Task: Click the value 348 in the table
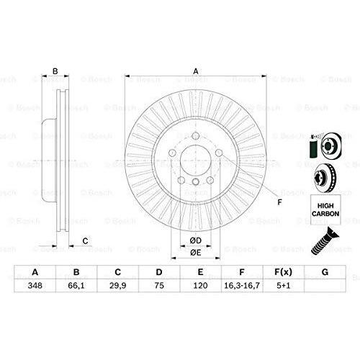tap(35, 285)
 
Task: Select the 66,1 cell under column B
tap(76, 285)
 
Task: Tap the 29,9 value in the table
tap(117, 285)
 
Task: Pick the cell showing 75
tap(159, 285)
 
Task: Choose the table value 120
tap(200, 285)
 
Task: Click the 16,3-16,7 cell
tap(242, 285)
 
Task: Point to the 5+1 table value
tap(284, 285)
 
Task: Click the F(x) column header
tap(284, 272)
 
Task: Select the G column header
tap(325, 272)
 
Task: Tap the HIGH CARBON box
tap(325, 210)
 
